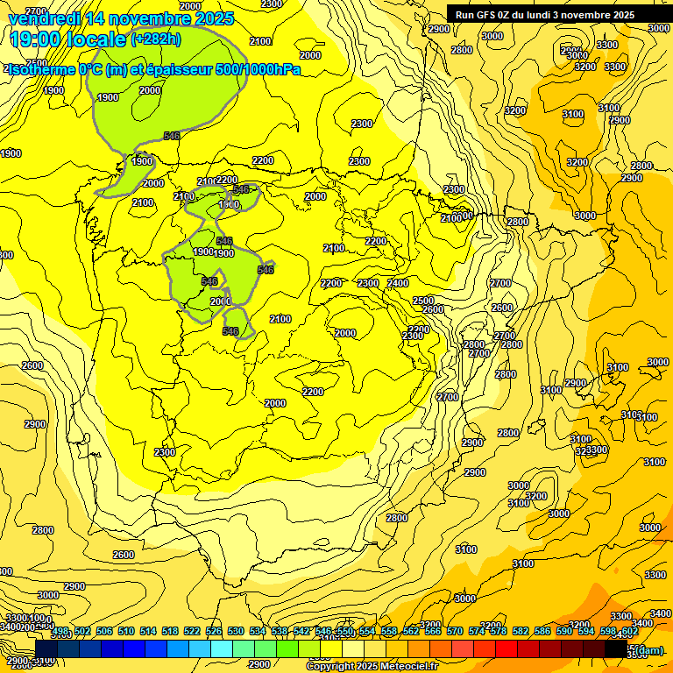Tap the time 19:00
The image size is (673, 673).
[x=39, y=39]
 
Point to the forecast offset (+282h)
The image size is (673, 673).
[x=155, y=39]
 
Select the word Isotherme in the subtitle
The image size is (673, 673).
[x=39, y=69]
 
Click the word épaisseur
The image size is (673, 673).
[x=174, y=69]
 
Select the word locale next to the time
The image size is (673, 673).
[x=100, y=39]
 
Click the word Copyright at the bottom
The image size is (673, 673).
[x=329, y=667]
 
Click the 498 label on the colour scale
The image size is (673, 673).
[x=60, y=632]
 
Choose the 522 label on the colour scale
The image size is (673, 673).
[x=192, y=632]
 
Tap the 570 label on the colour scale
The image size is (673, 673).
[x=455, y=632]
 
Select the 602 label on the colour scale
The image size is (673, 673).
[x=629, y=632]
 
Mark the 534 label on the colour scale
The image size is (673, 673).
[x=258, y=632]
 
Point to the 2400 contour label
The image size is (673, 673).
[x=398, y=283]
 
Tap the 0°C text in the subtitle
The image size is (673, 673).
[x=91, y=69]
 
